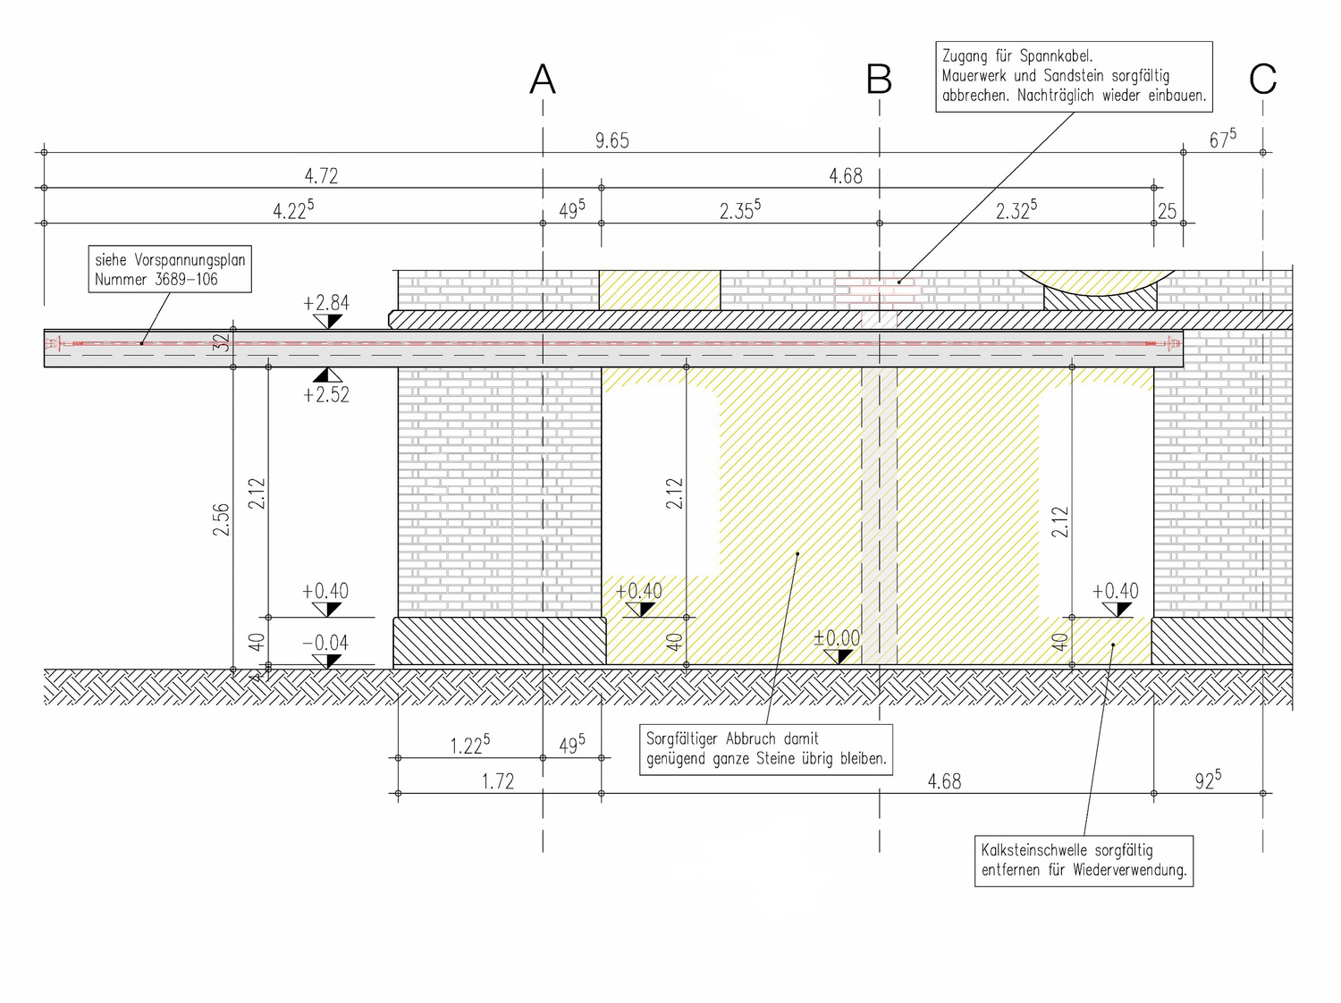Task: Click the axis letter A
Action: [x=543, y=80]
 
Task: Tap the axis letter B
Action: [x=879, y=80]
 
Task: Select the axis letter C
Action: [x=1262, y=80]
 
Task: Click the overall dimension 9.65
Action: [x=612, y=140]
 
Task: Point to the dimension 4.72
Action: [x=322, y=176]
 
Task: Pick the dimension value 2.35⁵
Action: [x=739, y=211]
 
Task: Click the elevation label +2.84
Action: [x=326, y=303]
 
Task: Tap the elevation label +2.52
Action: [x=326, y=394]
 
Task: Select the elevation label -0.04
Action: [x=325, y=643]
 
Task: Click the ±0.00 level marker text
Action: [x=837, y=638]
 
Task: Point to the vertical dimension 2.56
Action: [x=221, y=519]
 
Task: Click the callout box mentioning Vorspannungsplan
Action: [x=170, y=269]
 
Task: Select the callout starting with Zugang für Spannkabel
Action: [x=1074, y=76]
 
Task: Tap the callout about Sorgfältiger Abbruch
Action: [x=766, y=749]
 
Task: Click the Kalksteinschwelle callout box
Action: [x=1084, y=860]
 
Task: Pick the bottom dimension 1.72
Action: [x=498, y=781]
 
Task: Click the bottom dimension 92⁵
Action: [x=1207, y=780]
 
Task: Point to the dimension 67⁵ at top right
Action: [x=1222, y=139]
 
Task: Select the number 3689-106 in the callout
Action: [x=187, y=279]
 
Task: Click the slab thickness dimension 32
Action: [x=222, y=341]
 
